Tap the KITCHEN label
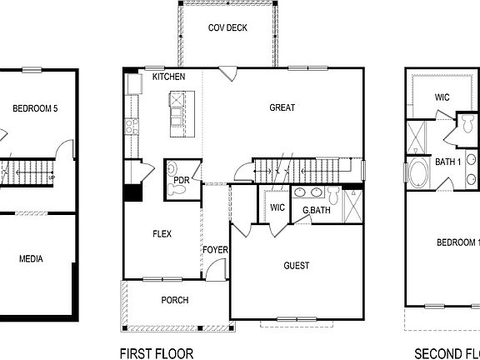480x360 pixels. (x=168, y=77)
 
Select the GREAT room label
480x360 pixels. (x=282, y=107)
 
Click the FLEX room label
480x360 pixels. (x=162, y=234)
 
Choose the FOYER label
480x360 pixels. (x=215, y=250)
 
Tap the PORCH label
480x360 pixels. (x=174, y=300)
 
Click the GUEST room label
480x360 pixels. (x=296, y=266)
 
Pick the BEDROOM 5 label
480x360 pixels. (x=34, y=108)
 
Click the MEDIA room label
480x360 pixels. (x=31, y=258)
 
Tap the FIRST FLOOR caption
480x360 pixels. (x=156, y=352)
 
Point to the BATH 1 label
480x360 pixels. (x=447, y=161)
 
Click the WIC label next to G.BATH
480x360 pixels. (x=277, y=207)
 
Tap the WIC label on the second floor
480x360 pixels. (x=442, y=97)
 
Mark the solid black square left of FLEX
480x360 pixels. (x=131, y=191)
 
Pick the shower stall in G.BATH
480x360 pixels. (x=353, y=205)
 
